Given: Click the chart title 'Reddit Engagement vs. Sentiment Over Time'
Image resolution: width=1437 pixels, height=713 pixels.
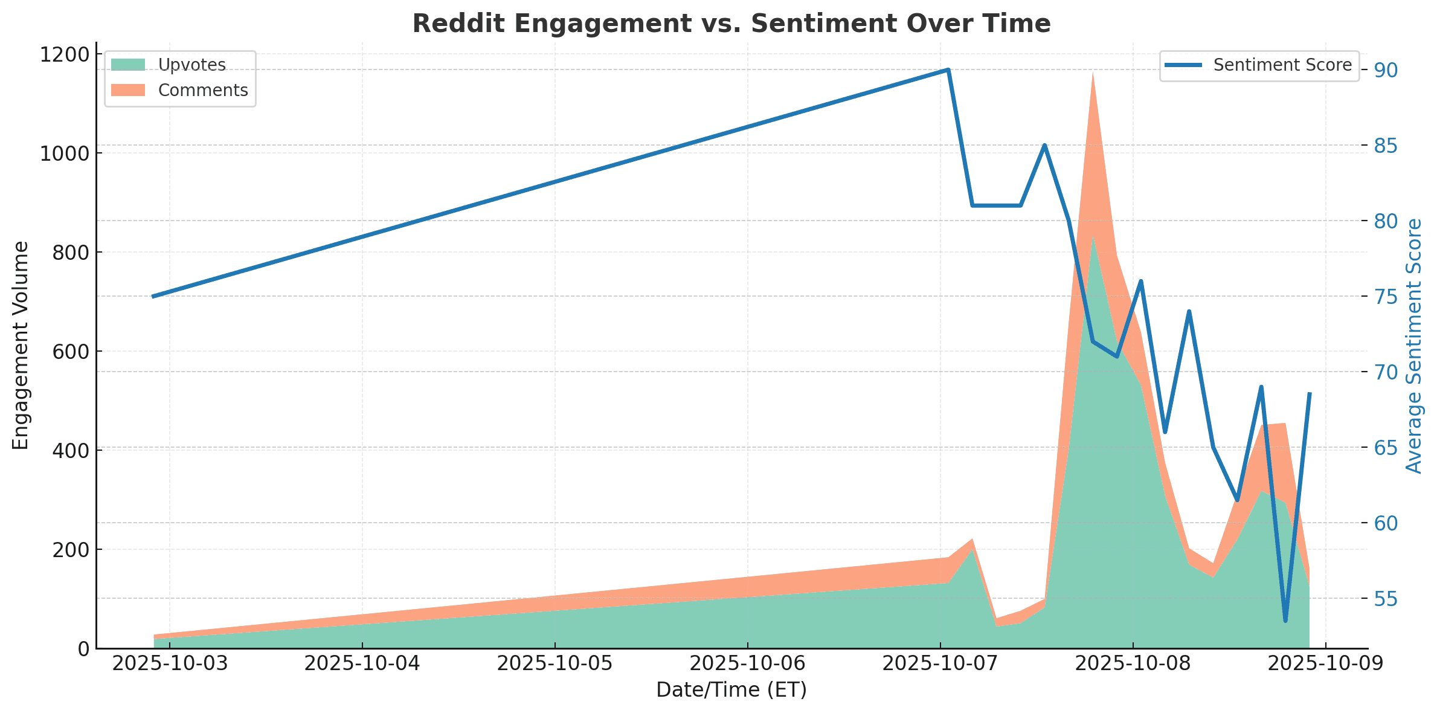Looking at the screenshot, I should coord(731,24).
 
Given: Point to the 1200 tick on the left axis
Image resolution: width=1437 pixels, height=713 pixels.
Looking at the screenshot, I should coord(64,55).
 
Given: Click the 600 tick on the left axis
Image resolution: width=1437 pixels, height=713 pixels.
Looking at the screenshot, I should coord(70,352).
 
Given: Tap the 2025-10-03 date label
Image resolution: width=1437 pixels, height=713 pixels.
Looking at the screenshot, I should coord(170,663).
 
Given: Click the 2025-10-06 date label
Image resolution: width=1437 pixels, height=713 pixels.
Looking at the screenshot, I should coord(748,663).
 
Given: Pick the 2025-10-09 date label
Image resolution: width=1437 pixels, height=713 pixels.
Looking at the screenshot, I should coord(1325,663).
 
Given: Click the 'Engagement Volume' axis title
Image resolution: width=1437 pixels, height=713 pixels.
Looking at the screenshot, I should coord(21,346).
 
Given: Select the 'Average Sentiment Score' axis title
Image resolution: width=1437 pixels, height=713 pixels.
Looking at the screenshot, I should coord(1415,346).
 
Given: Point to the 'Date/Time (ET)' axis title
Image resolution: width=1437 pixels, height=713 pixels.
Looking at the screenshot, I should coord(731,690).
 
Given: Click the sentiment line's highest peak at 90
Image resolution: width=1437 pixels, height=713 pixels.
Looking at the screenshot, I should coord(948,69).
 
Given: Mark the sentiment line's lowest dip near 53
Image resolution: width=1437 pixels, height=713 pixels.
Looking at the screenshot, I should coord(1285,621).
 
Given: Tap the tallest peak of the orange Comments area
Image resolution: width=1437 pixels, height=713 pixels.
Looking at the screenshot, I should coord(1092,73).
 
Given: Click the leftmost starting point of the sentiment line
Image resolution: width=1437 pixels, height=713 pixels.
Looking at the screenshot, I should coord(153,297).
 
